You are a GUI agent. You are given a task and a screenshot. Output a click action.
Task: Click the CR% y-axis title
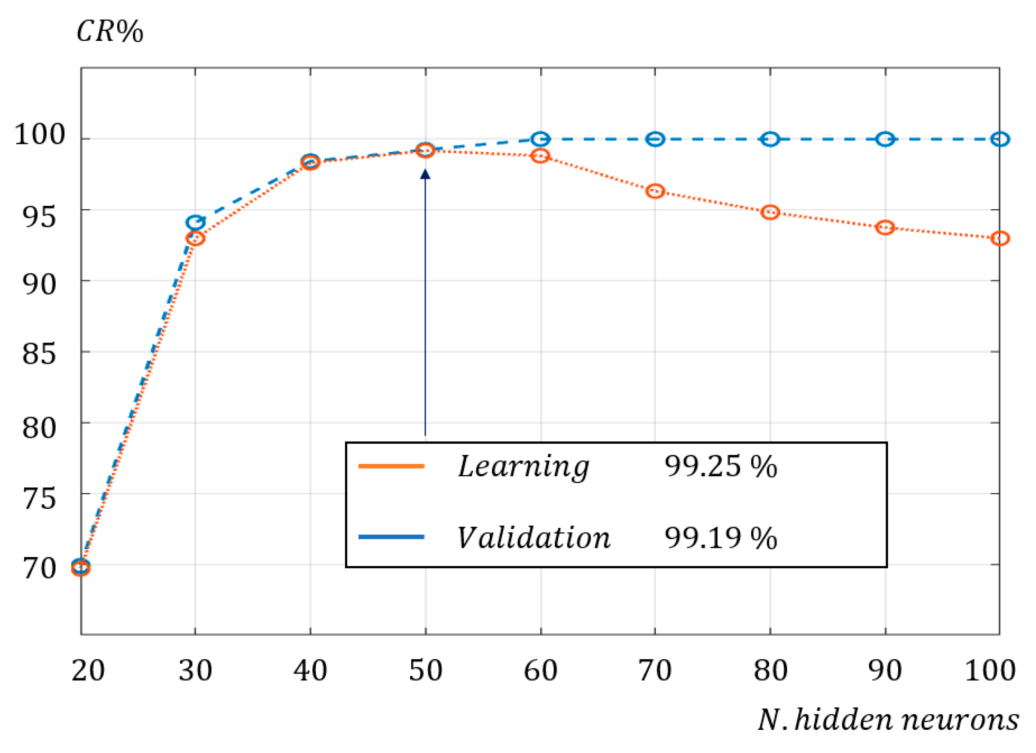coord(110,32)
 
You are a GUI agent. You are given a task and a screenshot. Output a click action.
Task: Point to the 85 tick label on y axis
coord(39,354)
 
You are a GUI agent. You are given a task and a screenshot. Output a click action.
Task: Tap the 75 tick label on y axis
coord(39,498)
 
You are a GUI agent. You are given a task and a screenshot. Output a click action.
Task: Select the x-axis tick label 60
coord(541,671)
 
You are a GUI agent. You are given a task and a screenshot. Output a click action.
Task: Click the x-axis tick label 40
coord(310,671)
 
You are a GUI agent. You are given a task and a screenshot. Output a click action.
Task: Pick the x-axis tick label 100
coord(990,671)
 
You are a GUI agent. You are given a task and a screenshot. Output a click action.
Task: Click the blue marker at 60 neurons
coord(541,139)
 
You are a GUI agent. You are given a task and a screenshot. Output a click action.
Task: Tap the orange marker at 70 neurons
coord(655,191)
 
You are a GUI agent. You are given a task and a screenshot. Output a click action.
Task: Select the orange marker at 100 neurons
coord(1000,239)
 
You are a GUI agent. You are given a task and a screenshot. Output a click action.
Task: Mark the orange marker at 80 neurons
coord(770,212)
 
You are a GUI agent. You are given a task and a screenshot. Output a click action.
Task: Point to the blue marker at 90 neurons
coord(885,139)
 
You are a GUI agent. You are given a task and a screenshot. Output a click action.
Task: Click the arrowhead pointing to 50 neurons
coord(425,174)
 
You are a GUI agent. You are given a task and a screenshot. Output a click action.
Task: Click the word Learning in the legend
coord(523,467)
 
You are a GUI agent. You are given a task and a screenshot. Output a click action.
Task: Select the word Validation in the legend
coord(534,537)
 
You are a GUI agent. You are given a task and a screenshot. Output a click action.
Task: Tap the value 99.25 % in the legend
coord(720,467)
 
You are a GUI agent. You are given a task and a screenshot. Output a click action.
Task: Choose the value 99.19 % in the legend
coord(720,538)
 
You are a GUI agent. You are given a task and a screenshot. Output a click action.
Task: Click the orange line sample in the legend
coord(391,466)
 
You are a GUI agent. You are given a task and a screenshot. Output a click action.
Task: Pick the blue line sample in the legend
coord(391,537)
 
